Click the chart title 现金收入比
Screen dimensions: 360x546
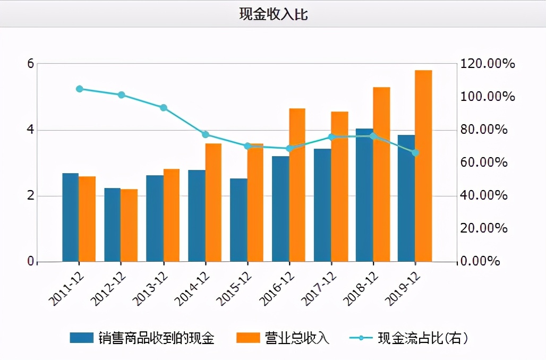tap(273, 14)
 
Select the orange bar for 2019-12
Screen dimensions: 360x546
tap(423, 166)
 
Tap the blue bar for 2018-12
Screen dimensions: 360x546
tap(364, 195)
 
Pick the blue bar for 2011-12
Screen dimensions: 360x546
tap(71, 218)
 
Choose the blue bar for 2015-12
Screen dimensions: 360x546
tap(238, 220)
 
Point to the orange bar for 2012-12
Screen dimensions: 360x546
tap(129, 226)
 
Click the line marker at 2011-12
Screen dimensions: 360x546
tap(79, 89)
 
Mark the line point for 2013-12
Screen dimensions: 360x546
tap(164, 108)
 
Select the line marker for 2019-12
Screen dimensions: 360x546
tap(415, 153)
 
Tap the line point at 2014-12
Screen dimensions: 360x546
tap(206, 134)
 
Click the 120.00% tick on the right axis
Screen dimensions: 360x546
tap(488, 64)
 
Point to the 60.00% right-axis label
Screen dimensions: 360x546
tap(488, 162)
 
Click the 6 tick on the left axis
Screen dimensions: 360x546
tap(30, 64)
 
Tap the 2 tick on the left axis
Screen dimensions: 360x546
tap(30, 195)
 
